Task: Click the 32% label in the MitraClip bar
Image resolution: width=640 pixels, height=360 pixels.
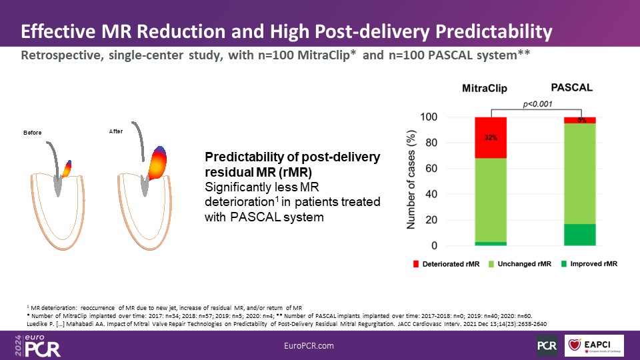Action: point(491,139)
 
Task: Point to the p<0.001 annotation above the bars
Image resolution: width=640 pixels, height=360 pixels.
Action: point(537,105)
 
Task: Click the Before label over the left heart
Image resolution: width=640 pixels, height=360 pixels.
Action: point(32,133)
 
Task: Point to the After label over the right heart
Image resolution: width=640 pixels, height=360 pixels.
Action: point(116,132)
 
